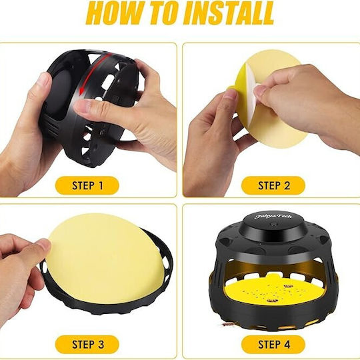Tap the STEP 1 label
click(87, 185)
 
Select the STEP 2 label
click(273, 185)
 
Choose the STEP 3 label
click(87, 345)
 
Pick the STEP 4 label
click(273, 345)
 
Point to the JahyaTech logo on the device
click(273, 216)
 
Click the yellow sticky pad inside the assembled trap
click(275, 291)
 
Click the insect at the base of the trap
click(227, 325)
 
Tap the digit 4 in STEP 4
click(287, 345)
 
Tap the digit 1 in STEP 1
click(101, 185)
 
